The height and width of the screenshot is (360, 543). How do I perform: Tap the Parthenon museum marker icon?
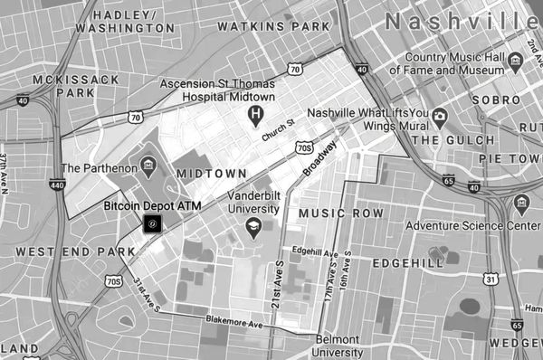coord(148,164)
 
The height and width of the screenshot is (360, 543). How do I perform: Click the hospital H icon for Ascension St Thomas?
coord(256,115)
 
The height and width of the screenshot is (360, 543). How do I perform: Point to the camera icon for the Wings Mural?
coord(439,116)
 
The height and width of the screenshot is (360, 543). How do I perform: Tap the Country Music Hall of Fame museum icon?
coord(515,62)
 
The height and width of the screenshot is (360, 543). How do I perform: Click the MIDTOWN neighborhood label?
coord(211,173)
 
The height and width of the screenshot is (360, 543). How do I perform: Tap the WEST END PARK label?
coord(62,250)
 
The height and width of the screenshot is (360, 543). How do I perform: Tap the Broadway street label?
coord(319,159)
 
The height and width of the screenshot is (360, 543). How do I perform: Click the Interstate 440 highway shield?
coord(58,185)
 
